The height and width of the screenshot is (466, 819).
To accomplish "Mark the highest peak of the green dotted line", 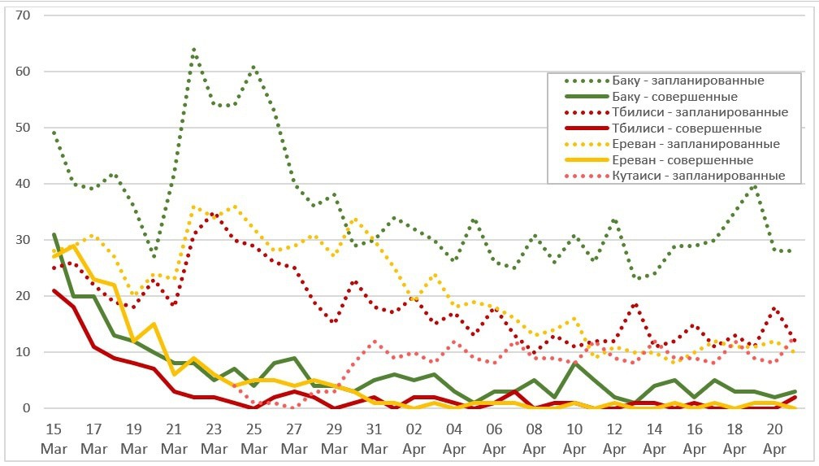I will (x=193, y=50).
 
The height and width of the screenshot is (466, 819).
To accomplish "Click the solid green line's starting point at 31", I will (x=54, y=234).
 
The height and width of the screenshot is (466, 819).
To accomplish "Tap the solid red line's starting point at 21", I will (x=54, y=290).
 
